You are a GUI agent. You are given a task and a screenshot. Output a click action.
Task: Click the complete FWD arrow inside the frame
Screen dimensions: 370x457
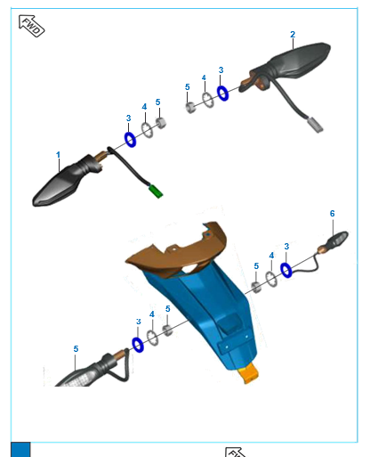click(x=31, y=26)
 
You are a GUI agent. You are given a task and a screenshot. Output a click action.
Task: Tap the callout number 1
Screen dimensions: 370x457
click(x=58, y=155)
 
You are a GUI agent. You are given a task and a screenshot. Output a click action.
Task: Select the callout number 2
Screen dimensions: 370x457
click(x=293, y=35)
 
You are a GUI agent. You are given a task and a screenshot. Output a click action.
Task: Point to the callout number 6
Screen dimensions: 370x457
click(x=333, y=214)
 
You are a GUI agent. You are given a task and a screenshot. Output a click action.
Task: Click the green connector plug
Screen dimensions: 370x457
click(x=156, y=192)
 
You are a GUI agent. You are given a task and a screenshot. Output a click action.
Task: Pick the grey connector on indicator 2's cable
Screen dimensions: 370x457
click(x=316, y=125)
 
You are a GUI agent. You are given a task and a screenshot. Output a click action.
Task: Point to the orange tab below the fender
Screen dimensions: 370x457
click(x=248, y=373)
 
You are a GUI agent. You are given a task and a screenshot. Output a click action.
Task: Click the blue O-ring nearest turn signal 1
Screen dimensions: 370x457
click(x=130, y=140)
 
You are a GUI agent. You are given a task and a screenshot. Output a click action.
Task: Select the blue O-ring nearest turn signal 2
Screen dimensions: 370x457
click(x=222, y=94)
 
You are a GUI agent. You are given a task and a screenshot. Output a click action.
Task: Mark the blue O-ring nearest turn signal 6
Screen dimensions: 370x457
click(x=286, y=270)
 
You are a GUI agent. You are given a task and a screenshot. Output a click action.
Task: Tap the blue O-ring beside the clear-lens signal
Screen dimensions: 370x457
click(x=138, y=345)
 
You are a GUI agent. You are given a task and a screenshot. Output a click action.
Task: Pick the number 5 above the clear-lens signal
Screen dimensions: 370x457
click(x=76, y=349)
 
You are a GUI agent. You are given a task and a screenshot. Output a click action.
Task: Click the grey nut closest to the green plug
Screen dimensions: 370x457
click(x=161, y=123)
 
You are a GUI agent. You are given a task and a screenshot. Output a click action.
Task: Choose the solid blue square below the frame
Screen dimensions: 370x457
click(x=20, y=450)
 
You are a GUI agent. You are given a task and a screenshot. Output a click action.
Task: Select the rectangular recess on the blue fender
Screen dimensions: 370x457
click(x=229, y=323)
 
